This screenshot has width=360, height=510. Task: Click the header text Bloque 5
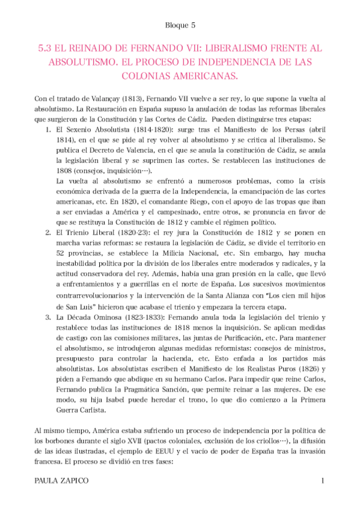pyautogui.click(x=180, y=26)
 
